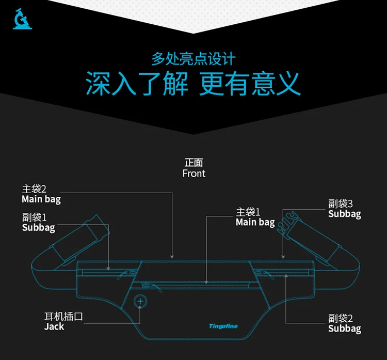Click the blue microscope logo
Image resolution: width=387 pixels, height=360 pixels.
tap(22, 19)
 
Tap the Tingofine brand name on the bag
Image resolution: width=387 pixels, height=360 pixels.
tap(223, 326)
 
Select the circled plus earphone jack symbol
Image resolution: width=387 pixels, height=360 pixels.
tap(140, 301)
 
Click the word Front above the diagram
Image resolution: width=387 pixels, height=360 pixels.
tap(193, 174)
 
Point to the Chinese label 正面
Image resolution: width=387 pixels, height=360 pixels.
tap(194, 163)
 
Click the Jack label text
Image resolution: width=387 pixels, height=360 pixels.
tap(54, 326)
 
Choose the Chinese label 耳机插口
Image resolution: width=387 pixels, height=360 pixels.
tap(63, 317)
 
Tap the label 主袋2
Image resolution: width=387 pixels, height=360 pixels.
tap(34, 189)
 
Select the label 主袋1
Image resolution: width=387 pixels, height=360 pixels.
tap(248, 212)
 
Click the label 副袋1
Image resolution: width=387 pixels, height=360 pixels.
tap(34, 217)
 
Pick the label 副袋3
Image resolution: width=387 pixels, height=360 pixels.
tap(341, 204)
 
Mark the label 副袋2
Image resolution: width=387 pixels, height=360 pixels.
tap(341, 318)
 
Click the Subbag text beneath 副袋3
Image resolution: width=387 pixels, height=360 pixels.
tap(345, 214)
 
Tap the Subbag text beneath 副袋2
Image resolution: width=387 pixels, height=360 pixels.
tap(345, 328)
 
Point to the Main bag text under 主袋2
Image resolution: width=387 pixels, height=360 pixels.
tap(41, 199)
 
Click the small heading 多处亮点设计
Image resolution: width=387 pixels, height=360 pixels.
tap(193, 59)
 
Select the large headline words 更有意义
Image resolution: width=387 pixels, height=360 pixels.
tap(250, 83)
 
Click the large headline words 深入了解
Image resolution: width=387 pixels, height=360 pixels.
tap(137, 83)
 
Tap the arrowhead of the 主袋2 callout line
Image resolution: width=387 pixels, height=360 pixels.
tap(172, 257)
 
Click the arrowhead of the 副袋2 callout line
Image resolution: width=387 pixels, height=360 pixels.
tap(286, 275)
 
